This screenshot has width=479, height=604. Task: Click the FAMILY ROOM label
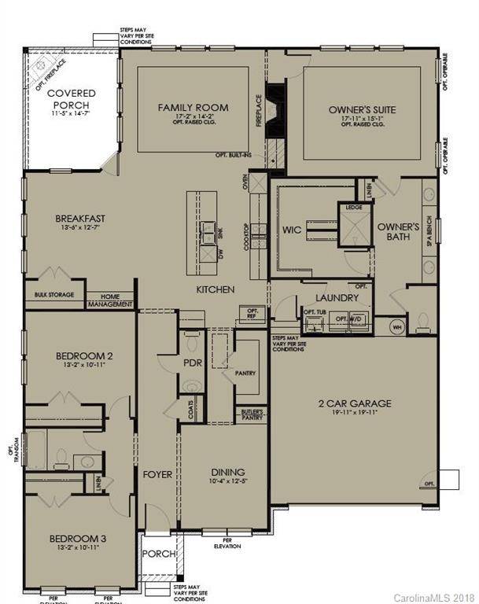pyautogui.click(x=193, y=107)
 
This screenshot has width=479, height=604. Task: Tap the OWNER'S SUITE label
pyautogui.click(x=362, y=109)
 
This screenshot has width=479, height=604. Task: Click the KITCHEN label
pyautogui.click(x=216, y=290)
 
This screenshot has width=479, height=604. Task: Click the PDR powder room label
pyautogui.click(x=193, y=363)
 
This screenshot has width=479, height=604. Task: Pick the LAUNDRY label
pyautogui.click(x=337, y=298)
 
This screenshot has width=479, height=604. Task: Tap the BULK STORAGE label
pyautogui.click(x=54, y=295)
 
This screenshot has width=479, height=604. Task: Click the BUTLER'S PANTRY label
pyautogui.click(x=252, y=414)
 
